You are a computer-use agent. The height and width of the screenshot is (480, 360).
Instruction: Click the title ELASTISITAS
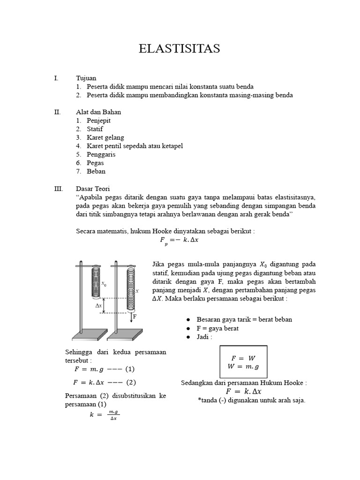pos(180,49)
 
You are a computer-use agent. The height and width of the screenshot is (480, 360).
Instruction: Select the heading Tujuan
pos(86,78)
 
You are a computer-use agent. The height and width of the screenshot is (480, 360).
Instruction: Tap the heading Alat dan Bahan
pos(98,112)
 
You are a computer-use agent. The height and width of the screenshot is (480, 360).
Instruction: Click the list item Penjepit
pos(98,120)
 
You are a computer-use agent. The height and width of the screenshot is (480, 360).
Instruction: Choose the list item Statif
pos(95,129)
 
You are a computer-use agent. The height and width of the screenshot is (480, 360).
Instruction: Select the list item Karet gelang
pos(105,137)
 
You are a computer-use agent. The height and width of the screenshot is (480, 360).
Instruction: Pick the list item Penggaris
pos(101,154)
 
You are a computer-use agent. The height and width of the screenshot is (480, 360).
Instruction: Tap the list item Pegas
pos(95,163)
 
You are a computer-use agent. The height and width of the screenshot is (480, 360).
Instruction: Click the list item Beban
pos(96,171)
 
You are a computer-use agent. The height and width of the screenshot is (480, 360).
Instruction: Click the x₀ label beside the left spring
pos(104,284)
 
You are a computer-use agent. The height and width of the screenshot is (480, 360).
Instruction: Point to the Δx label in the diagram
pos(98,305)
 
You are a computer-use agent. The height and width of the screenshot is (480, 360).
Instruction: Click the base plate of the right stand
pos(125,335)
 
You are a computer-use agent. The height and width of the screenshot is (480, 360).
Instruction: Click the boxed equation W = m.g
pos(243,366)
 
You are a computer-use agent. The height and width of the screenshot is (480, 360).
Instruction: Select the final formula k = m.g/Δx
pos(104,415)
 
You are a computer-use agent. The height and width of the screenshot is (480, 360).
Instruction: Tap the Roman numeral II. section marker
pos(58,112)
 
